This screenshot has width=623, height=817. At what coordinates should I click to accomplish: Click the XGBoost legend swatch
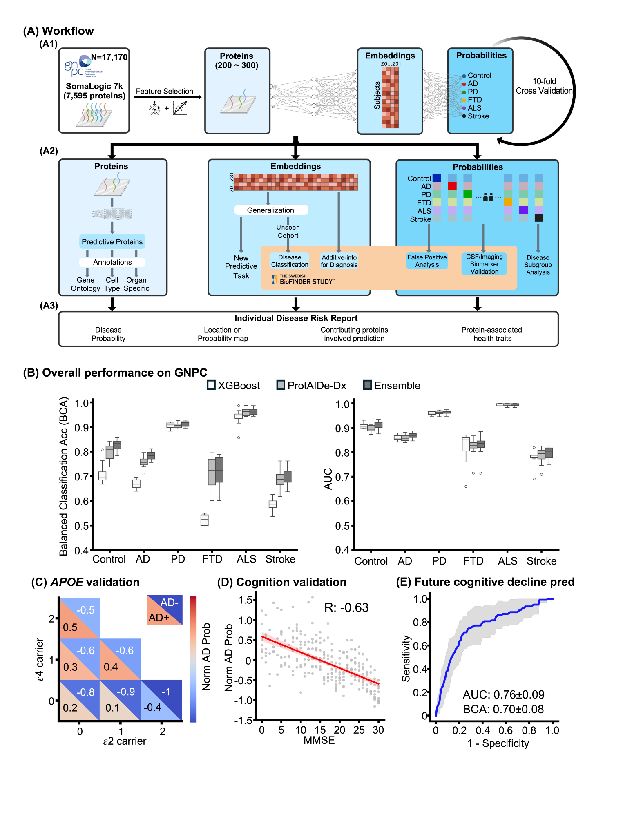(211, 385)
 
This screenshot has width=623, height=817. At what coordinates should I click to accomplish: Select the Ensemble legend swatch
(367, 385)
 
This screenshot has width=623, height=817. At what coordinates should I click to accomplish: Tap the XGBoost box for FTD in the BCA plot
(205, 520)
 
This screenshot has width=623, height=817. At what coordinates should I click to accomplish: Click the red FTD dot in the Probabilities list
(464, 100)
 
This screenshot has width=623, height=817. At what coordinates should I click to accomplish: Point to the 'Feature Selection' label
(164, 91)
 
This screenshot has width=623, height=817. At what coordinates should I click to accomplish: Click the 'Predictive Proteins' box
(112, 241)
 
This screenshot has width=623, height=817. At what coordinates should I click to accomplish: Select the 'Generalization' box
(270, 210)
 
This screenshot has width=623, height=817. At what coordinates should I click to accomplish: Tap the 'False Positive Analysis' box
(427, 261)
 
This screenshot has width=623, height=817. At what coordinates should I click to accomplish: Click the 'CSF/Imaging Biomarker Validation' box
(484, 264)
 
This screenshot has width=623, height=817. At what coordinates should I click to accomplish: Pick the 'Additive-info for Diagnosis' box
(339, 261)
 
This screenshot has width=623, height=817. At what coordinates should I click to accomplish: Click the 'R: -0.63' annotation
(346, 607)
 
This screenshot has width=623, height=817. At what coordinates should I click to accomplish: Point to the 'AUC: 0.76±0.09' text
(503, 694)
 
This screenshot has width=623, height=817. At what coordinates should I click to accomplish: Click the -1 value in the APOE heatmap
(165, 692)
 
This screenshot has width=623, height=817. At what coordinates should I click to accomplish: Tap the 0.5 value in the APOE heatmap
(70, 627)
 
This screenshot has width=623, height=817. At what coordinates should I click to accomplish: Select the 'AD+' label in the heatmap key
(159, 617)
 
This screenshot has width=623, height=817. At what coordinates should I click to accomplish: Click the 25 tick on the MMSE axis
(359, 730)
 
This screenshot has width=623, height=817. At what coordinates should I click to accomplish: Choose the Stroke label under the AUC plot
(541, 561)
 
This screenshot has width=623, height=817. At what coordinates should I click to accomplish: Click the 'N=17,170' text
(109, 57)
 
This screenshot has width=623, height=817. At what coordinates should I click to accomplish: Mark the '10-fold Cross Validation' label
(544, 86)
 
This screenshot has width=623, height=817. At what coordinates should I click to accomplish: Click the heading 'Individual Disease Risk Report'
(296, 318)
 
